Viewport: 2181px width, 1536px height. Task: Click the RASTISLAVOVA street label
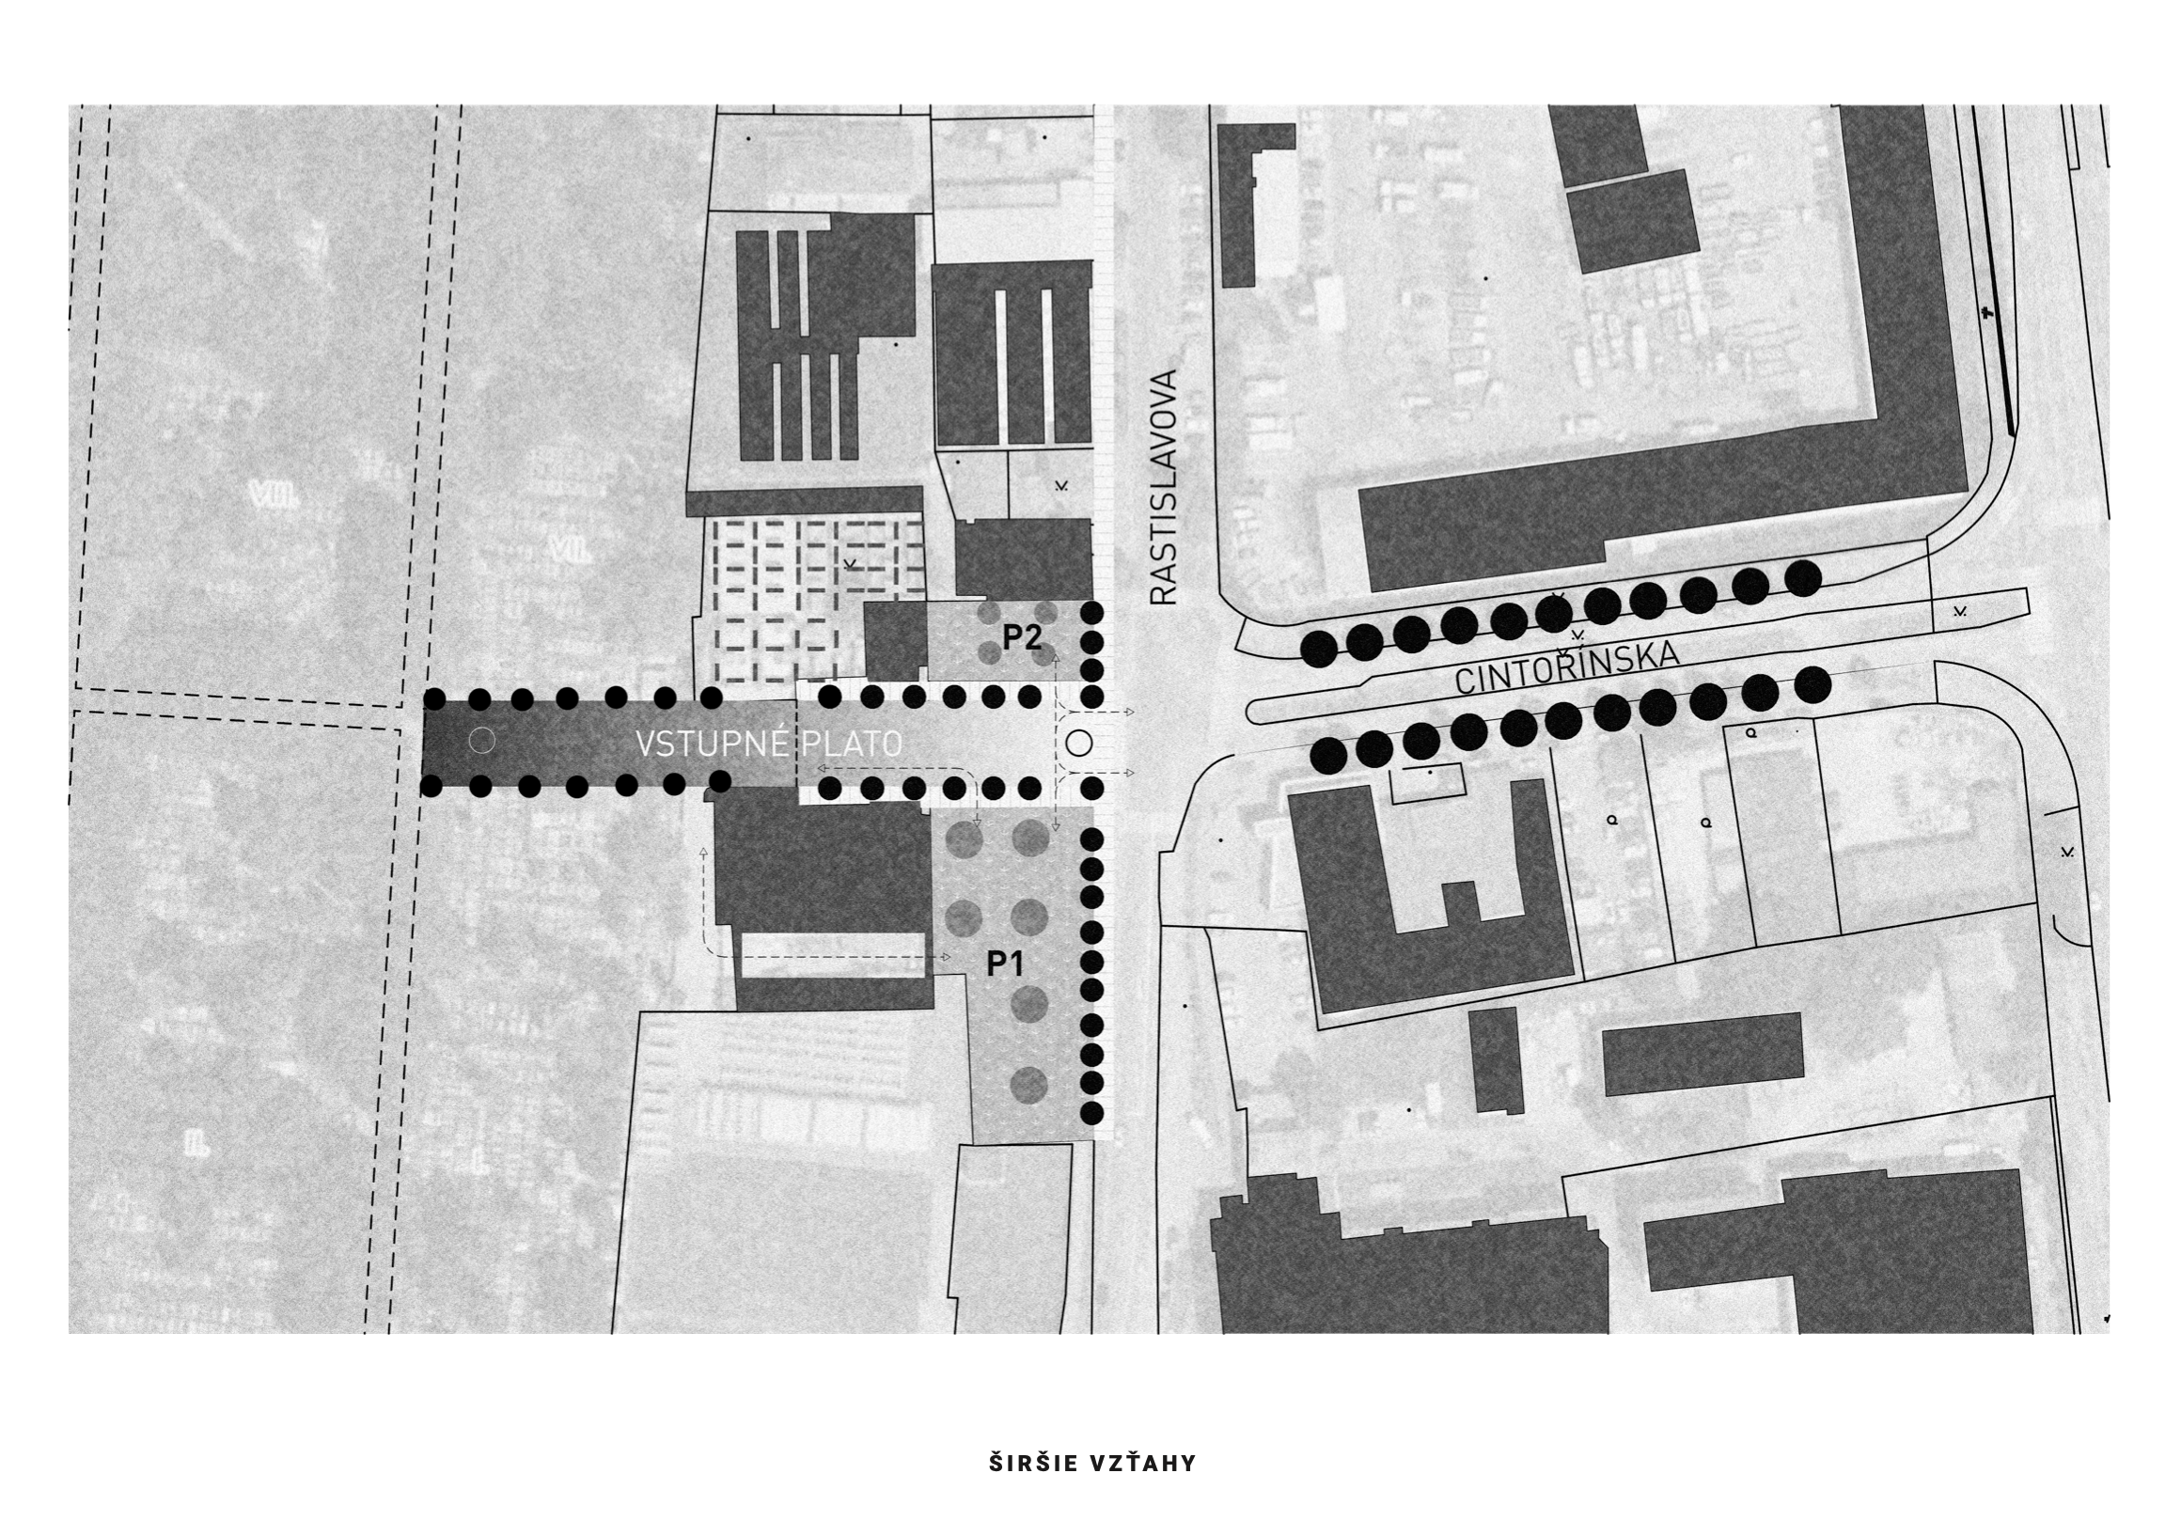pos(1163,487)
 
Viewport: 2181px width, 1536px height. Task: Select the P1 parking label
pos(1005,964)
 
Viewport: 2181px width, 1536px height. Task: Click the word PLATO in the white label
pos(852,744)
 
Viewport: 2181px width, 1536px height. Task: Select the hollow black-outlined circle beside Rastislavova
pos(1079,742)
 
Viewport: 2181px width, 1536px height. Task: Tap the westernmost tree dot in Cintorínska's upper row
pos(1319,649)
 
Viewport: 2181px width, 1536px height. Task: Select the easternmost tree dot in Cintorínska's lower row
pos(1813,684)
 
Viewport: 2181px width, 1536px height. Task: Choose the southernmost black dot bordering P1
pos(1092,1112)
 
